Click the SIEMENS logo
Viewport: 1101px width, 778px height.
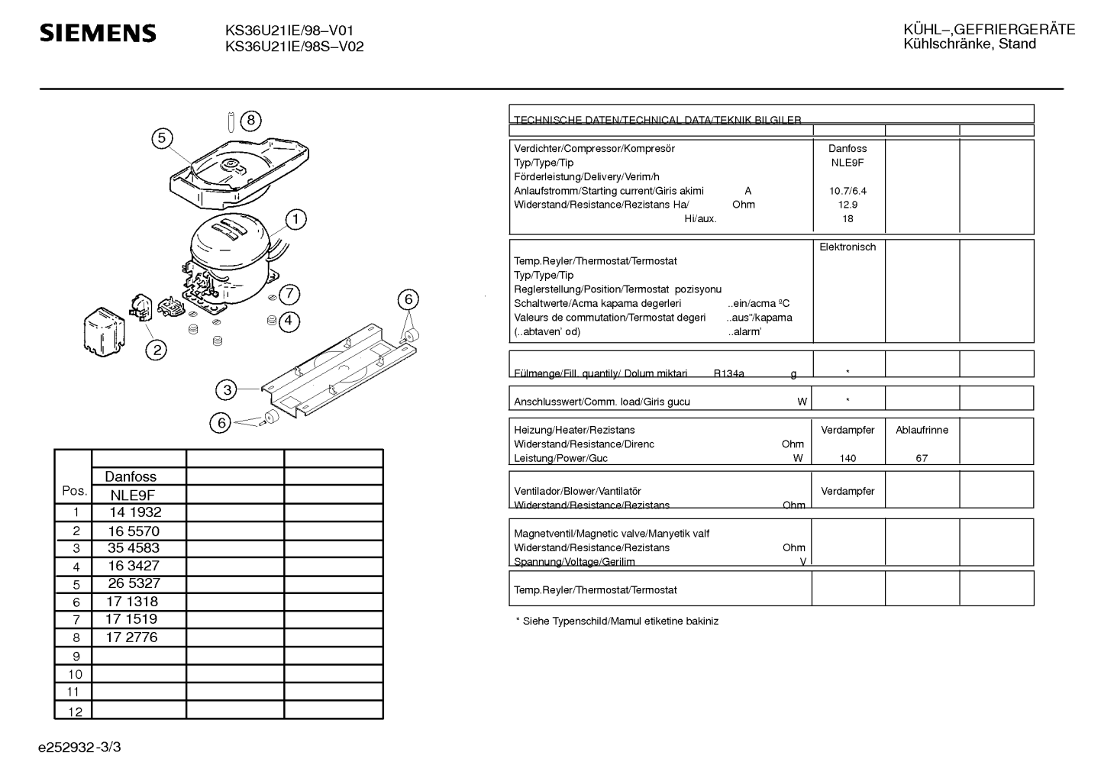[98, 33]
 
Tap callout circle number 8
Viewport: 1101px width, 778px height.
[250, 121]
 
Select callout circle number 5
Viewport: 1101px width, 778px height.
[162, 138]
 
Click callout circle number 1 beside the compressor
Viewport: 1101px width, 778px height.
[295, 219]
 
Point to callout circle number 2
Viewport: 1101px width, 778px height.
[157, 350]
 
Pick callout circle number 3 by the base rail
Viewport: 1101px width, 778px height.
[227, 390]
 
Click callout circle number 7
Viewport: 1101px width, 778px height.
[289, 294]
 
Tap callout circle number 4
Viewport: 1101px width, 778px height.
[289, 321]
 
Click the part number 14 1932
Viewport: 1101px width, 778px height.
[135, 512]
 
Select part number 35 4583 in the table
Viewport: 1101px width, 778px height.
[134, 548]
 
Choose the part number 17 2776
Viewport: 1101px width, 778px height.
[131, 638]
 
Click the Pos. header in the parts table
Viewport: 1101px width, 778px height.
[74, 491]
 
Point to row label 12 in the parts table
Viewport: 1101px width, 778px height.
[75, 712]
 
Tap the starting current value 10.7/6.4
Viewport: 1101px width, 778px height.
[848, 191]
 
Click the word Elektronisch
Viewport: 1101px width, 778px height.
[848, 247]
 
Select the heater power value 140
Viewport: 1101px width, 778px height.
[848, 458]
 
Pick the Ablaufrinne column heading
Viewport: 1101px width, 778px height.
[922, 430]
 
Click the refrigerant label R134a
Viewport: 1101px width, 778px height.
[728, 373]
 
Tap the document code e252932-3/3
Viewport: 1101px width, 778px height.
[79, 747]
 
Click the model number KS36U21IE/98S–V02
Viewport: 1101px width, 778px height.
[294, 47]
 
